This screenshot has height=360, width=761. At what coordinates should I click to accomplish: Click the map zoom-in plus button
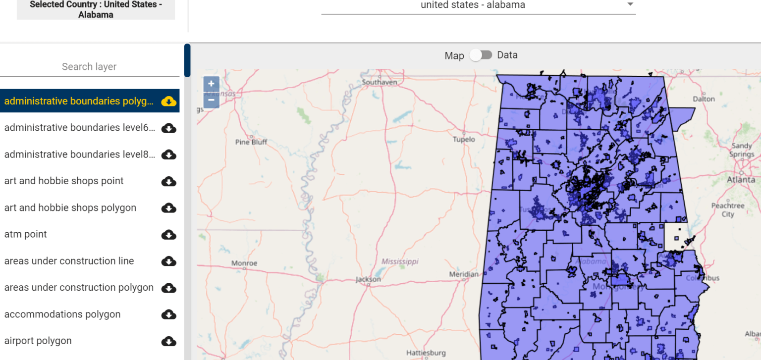[x=211, y=84]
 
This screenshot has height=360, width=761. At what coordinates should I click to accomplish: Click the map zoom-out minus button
[x=211, y=100]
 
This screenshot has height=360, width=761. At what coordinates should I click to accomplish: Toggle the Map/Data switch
[x=481, y=55]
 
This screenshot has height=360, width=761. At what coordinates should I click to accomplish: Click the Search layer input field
[x=89, y=67]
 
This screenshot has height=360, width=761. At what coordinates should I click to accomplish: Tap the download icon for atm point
[x=169, y=234]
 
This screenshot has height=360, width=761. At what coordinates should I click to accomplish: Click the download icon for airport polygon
[x=169, y=341]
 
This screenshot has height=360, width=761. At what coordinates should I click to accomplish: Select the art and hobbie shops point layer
[x=64, y=181]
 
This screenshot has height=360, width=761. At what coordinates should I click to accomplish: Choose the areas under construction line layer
[x=69, y=261]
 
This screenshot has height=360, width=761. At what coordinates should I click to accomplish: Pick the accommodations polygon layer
[x=62, y=314]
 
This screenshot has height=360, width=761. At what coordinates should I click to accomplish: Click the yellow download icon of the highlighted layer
[x=169, y=102]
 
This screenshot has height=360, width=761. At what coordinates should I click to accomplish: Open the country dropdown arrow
[x=630, y=4]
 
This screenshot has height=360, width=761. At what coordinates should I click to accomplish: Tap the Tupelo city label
[x=464, y=140]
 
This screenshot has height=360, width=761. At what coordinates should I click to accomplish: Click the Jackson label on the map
[x=368, y=279]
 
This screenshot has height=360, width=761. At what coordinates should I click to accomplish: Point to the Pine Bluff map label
[x=251, y=142]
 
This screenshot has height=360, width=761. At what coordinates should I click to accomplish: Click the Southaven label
[x=380, y=82]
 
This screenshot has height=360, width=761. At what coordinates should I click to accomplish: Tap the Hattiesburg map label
[x=426, y=353]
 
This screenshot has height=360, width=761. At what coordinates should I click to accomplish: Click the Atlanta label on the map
[x=741, y=180]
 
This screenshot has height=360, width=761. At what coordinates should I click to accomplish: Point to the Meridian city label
[x=464, y=274]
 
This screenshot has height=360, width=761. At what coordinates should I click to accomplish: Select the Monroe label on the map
[x=244, y=263]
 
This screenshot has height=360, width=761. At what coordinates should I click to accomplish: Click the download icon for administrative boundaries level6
[x=169, y=128]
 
